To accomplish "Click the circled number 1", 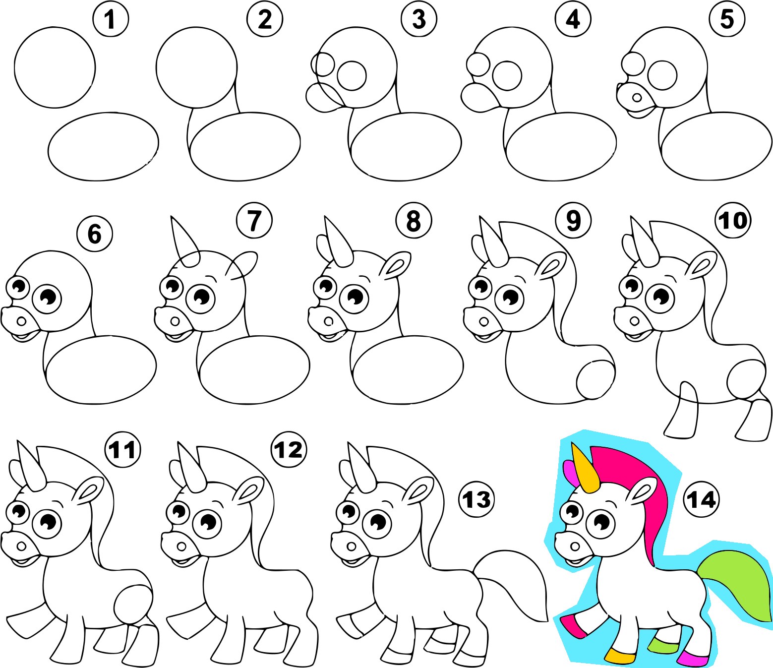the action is coord(110,19).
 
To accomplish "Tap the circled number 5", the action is coord(726,19).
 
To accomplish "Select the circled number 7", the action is coord(254,221).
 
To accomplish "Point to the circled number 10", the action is coord(733,221).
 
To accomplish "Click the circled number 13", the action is coord(476,499).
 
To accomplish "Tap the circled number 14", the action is coord(701,499).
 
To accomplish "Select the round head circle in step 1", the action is coord(55,67).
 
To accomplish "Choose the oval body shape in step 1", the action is coord(103,145).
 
